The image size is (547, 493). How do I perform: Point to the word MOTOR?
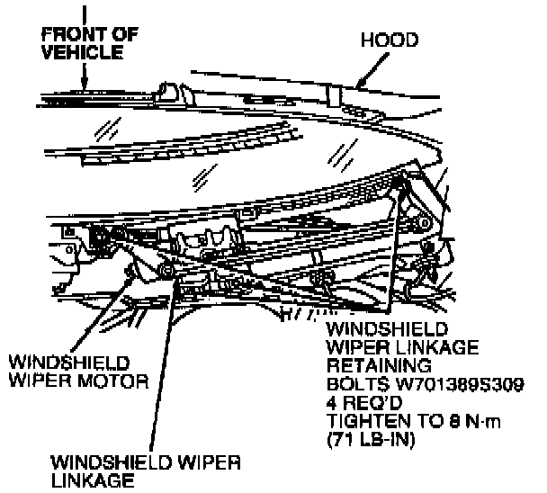coord(118,381)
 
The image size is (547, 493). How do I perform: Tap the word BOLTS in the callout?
coord(355,385)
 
